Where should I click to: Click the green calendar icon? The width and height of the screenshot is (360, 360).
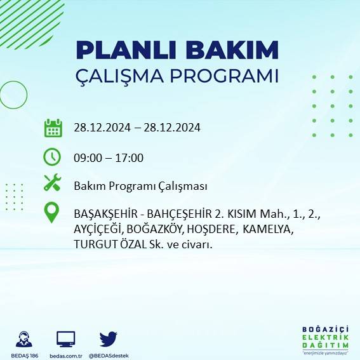tap(53, 128)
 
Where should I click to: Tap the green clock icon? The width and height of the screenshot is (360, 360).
tap(52, 156)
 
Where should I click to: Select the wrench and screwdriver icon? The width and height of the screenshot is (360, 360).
tap(52, 183)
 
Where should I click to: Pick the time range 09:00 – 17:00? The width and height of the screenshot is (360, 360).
tap(109, 157)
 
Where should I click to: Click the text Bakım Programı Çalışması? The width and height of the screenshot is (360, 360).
tap(140, 186)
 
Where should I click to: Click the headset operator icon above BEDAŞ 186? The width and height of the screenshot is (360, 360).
tap(25, 339)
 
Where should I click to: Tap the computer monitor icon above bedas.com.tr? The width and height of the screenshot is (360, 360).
tap(66, 339)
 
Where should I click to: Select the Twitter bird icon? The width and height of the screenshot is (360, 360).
tap(108, 339)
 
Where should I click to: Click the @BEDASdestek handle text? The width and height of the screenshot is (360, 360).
tap(108, 355)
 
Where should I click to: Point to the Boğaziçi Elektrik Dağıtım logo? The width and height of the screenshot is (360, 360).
tap(325, 339)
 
